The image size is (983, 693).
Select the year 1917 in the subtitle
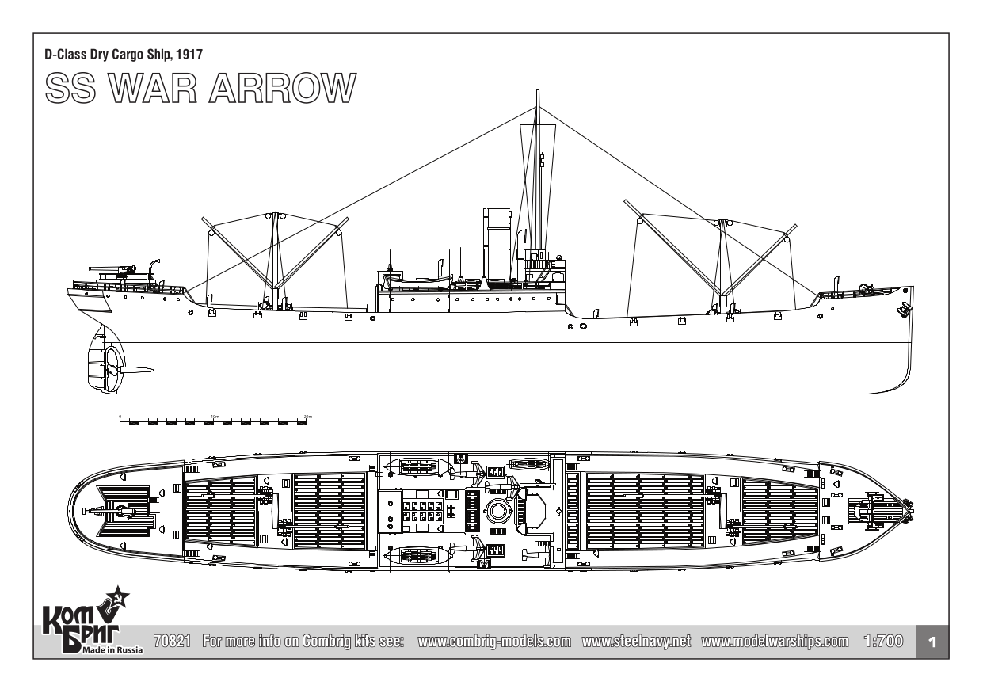pos(197,53)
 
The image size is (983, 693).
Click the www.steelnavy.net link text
pos(636,640)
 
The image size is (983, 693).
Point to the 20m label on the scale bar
pos(308,416)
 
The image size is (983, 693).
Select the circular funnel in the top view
pos(497,511)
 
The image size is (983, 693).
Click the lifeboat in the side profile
pos(416,282)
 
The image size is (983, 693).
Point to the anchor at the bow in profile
pos(901,310)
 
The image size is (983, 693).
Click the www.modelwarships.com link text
pos(775,640)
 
